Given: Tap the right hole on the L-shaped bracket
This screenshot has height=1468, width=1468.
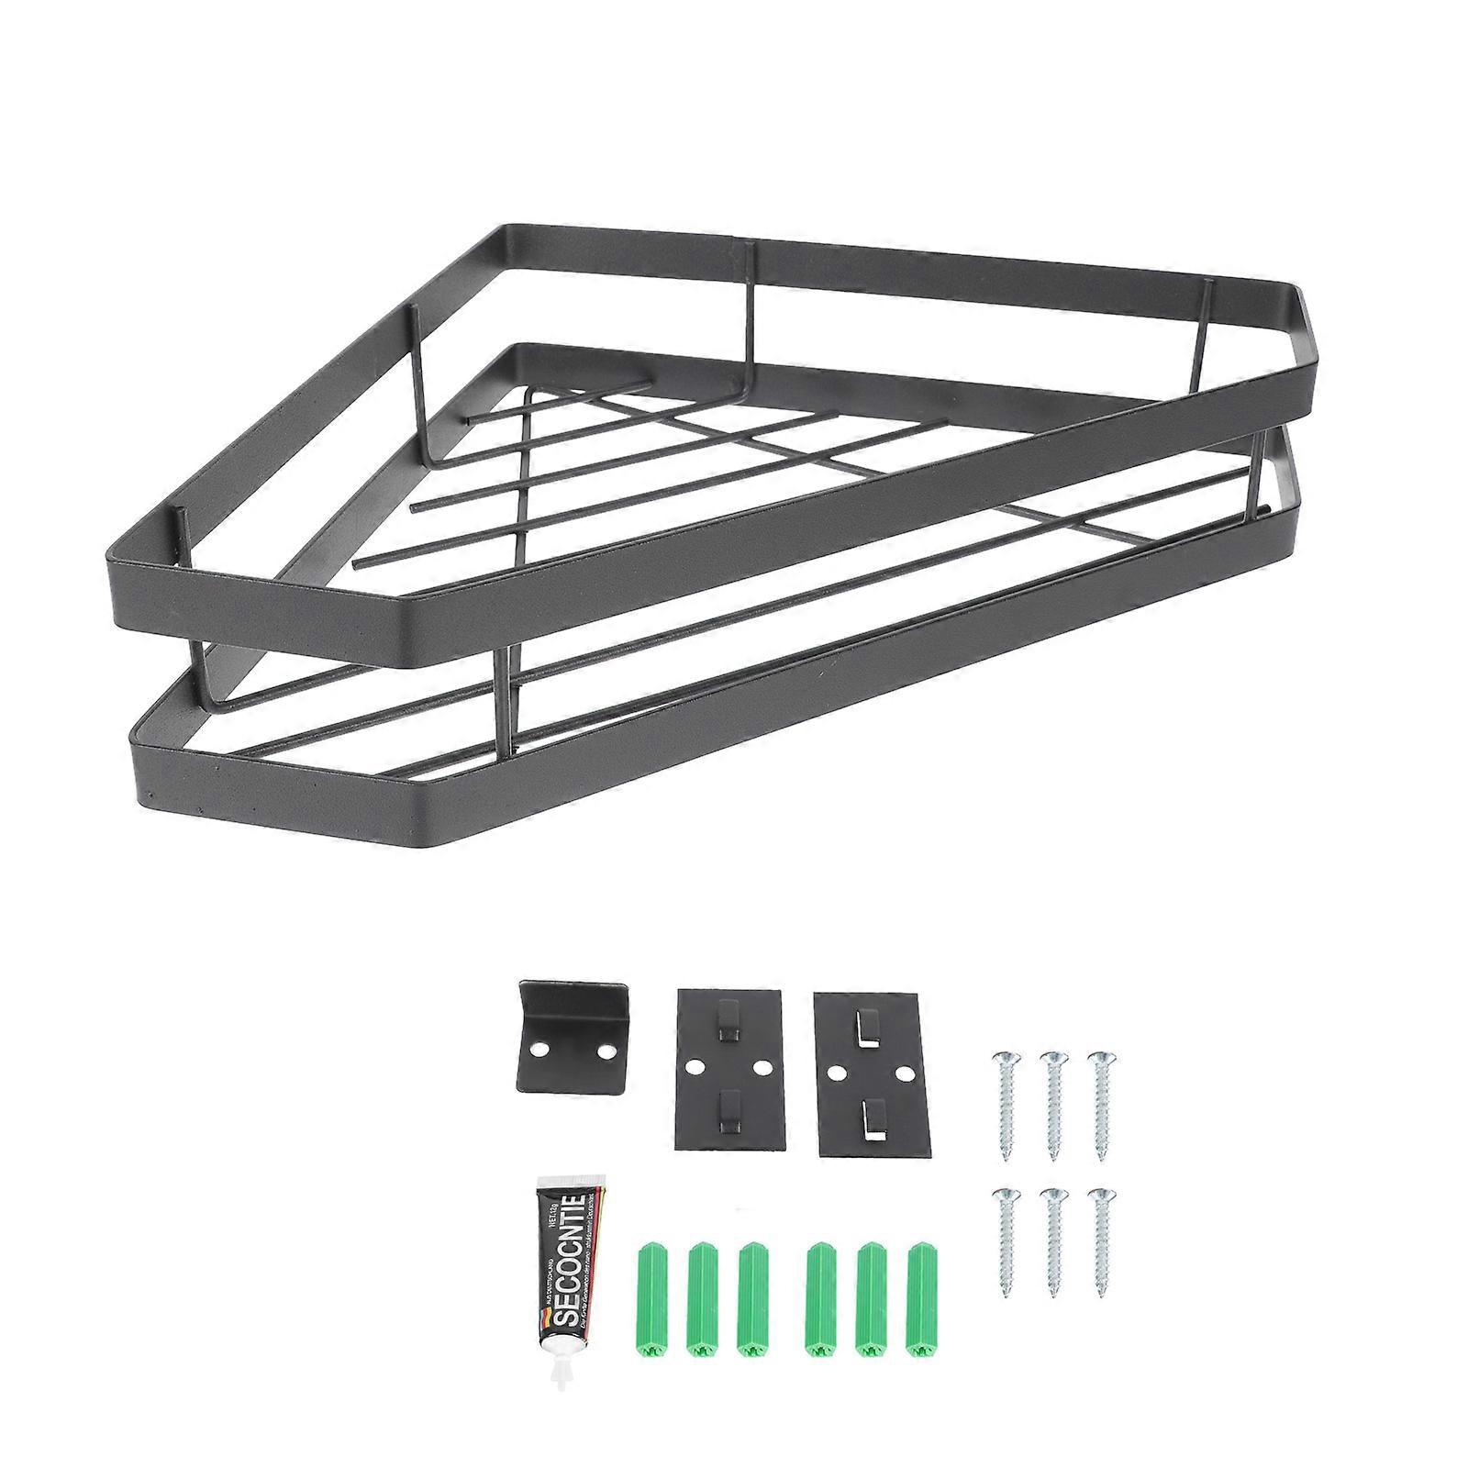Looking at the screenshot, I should (x=606, y=1049).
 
